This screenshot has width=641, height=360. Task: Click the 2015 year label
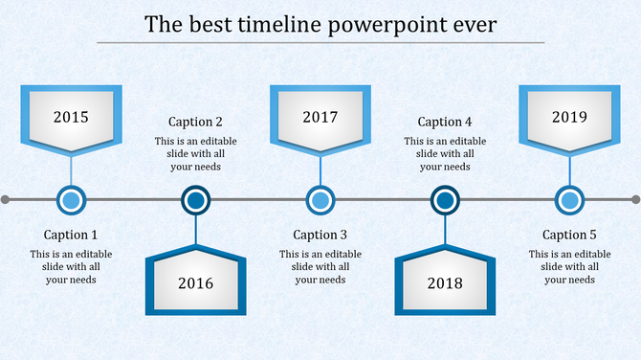click(71, 118)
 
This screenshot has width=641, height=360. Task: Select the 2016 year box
click(195, 283)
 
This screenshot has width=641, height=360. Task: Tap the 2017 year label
click(320, 118)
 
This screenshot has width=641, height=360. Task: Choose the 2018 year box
click(445, 283)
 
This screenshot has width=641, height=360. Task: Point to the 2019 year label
click(569, 118)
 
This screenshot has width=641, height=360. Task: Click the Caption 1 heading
click(71, 235)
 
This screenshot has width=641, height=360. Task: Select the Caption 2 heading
click(195, 122)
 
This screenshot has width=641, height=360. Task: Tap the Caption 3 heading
click(320, 235)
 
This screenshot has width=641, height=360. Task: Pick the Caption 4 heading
click(445, 122)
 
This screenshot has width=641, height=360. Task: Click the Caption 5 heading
click(569, 235)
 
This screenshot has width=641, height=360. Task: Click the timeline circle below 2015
click(71, 200)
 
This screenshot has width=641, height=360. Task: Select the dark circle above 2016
click(195, 200)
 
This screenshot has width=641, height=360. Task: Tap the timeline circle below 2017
click(320, 200)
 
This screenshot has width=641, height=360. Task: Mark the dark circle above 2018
click(444, 200)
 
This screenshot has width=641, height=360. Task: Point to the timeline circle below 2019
click(569, 200)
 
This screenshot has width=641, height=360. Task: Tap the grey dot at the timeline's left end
click(6, 200)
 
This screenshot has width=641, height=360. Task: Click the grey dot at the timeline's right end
click(635, 200)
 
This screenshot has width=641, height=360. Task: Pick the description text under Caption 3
click(320, 267)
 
